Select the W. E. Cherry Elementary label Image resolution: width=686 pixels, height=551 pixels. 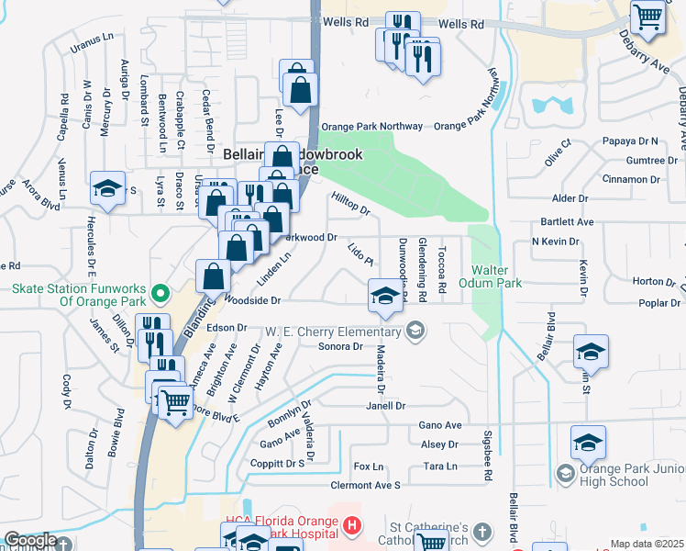336,331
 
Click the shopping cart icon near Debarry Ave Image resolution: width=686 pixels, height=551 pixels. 648,18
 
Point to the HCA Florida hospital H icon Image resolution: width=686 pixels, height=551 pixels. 352,526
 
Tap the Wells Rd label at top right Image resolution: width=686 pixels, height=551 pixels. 460,25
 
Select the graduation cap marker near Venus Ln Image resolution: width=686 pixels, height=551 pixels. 107,190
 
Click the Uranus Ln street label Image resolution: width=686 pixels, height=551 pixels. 95,39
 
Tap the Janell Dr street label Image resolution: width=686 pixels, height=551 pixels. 385,405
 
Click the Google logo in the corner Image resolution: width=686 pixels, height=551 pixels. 30,540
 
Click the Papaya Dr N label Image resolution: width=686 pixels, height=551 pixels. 630,141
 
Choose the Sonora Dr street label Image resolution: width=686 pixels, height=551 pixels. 341,347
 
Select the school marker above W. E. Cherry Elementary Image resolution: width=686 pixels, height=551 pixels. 385,297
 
